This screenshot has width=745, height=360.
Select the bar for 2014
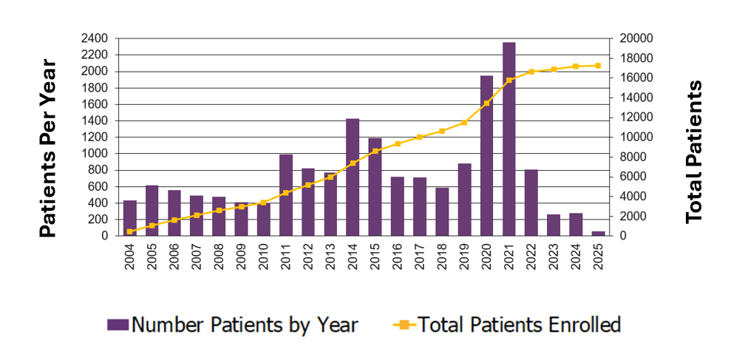[x=353, y=177]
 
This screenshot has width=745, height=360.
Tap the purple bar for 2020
[x=487, y=155]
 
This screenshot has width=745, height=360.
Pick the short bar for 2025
[x=599, y=234]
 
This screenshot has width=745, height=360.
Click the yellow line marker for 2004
[x=130, y=231]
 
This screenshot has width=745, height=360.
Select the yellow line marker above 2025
[x=599, y=66]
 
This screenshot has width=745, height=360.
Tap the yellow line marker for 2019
[x=465, y=123]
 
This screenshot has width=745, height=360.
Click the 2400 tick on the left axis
[x=95, y=38]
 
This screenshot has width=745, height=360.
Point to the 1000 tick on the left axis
[x=95, y=154]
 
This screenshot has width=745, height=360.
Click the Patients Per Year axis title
[x=48, y=148]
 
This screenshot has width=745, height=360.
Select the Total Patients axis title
[x=693, y=152]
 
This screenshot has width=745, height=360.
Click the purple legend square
[x=118, y=325]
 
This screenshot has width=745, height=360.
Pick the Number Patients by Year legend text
[x=245, y=325]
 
